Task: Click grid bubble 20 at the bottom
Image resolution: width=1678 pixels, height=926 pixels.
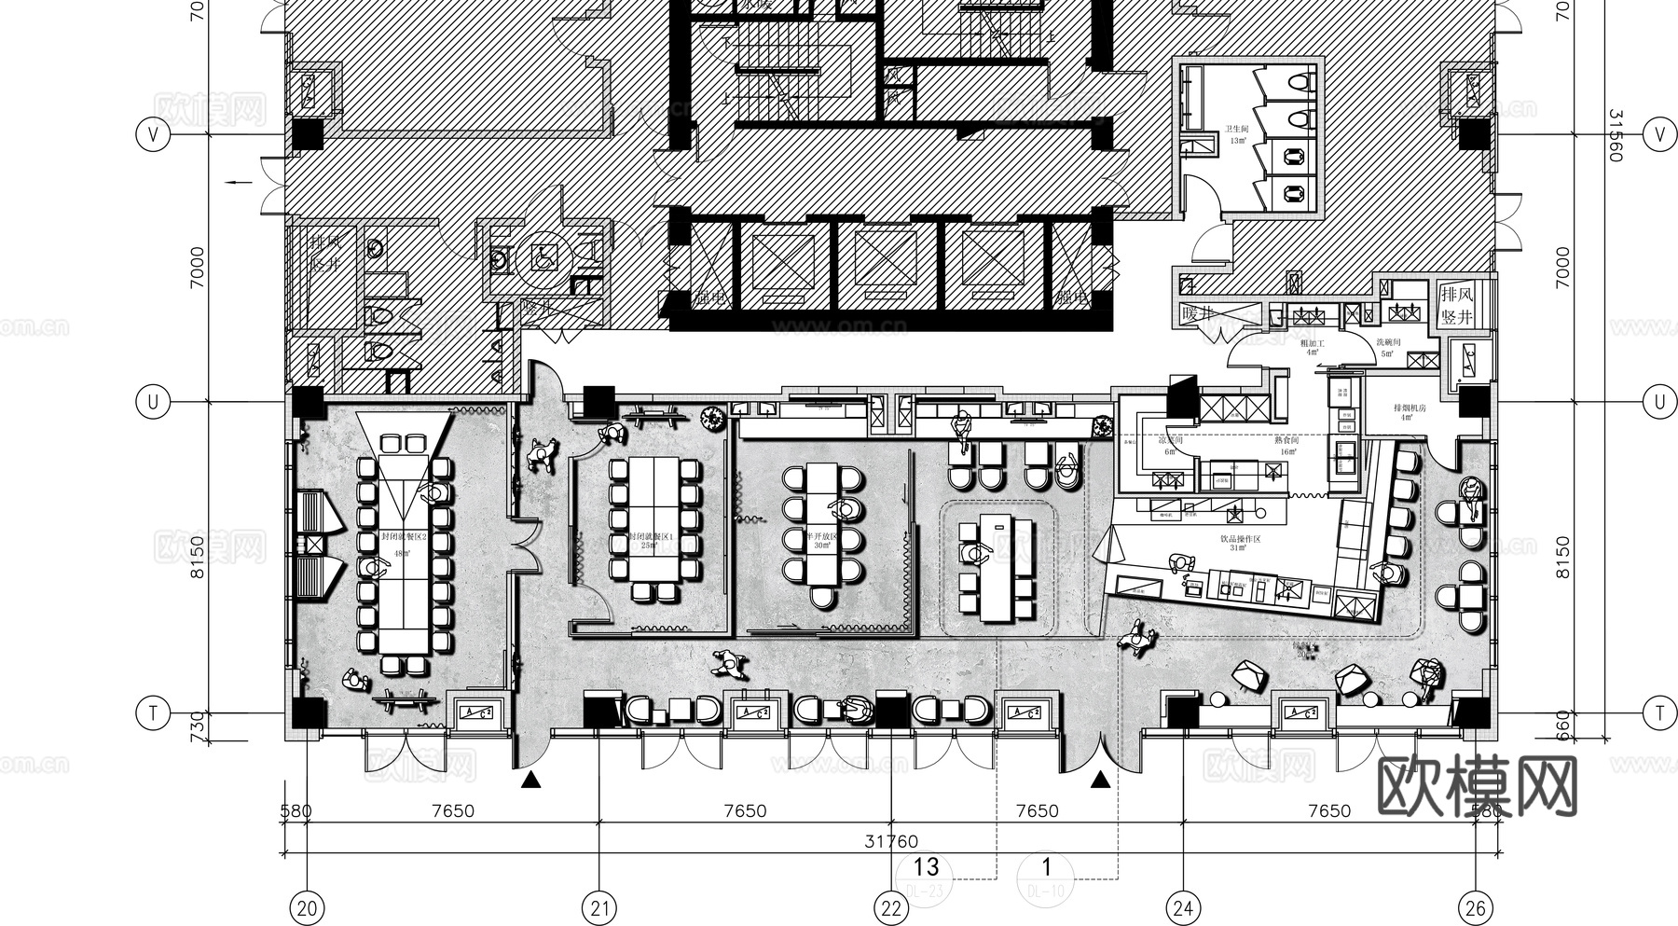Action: coord(307,907)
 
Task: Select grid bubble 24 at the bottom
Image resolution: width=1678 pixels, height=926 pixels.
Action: coord(1182,907)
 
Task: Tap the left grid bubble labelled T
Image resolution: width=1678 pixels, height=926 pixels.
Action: coord(153,714)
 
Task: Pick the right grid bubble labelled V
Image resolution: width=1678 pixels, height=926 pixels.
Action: coord(1659,134)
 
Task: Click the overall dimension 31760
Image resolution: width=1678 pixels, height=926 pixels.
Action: coord(890,841)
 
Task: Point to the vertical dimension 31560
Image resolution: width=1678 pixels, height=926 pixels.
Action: coord(1616,135)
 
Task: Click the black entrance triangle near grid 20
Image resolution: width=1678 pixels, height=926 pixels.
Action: coord(530,780)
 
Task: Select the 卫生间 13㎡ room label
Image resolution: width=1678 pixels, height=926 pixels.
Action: coord(1237,135)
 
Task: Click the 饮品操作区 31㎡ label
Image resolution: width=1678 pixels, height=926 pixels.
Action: coord(1240,544)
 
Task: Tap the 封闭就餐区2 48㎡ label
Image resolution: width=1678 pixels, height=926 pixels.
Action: coord(404,546)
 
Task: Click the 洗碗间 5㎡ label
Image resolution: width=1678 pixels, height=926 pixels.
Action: coord(1388,348)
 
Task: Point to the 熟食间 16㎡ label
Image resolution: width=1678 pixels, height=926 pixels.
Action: coord(1286,446)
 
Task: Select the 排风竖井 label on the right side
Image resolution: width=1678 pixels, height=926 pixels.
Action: coord(1457,306)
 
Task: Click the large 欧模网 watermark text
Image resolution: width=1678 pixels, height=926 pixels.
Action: coord(1477,786)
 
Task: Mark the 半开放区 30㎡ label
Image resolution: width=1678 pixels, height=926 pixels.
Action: coord(821,542)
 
